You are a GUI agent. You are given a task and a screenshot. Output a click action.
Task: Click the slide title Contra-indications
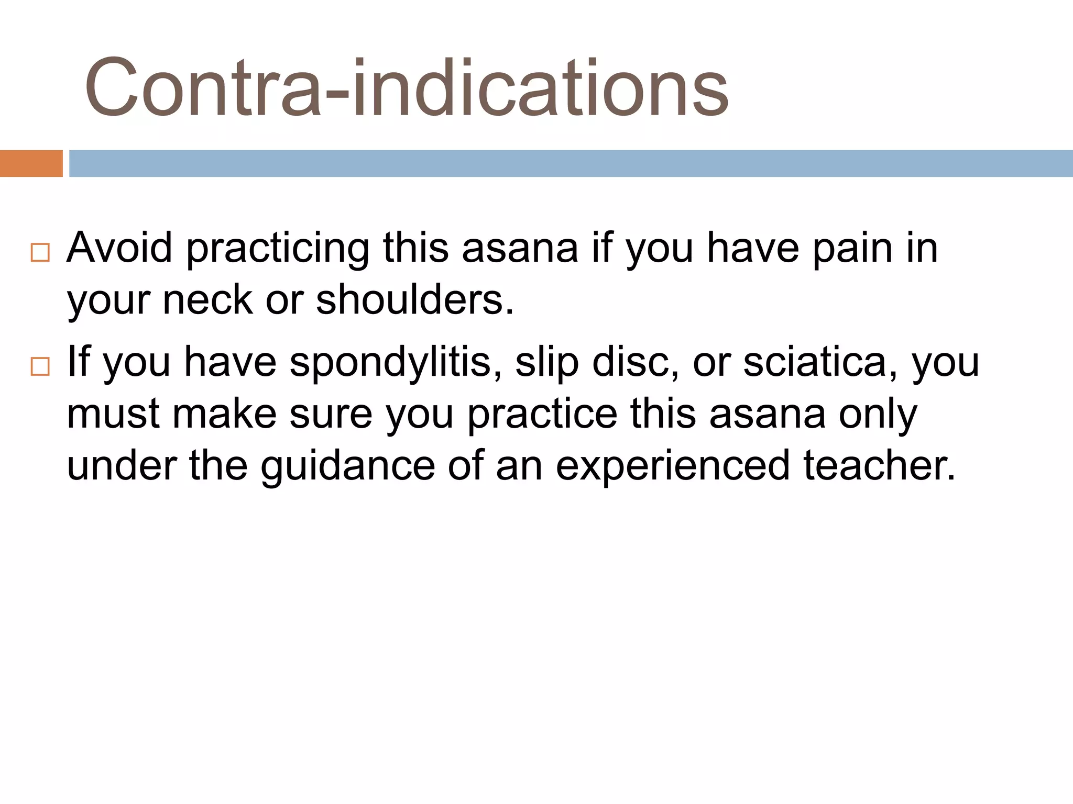coord(406,88)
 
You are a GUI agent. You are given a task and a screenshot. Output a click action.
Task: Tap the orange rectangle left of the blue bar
coord(31,163)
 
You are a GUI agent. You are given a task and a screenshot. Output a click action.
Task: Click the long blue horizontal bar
coord(571,163)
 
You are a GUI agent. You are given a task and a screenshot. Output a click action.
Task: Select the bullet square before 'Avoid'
coord(40,252)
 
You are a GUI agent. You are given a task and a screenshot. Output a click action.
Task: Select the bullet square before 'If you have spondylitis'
coord(40,366)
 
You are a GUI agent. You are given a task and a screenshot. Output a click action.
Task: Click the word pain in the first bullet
coord(852,248)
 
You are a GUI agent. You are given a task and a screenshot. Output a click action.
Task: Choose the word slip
coord(547,362)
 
